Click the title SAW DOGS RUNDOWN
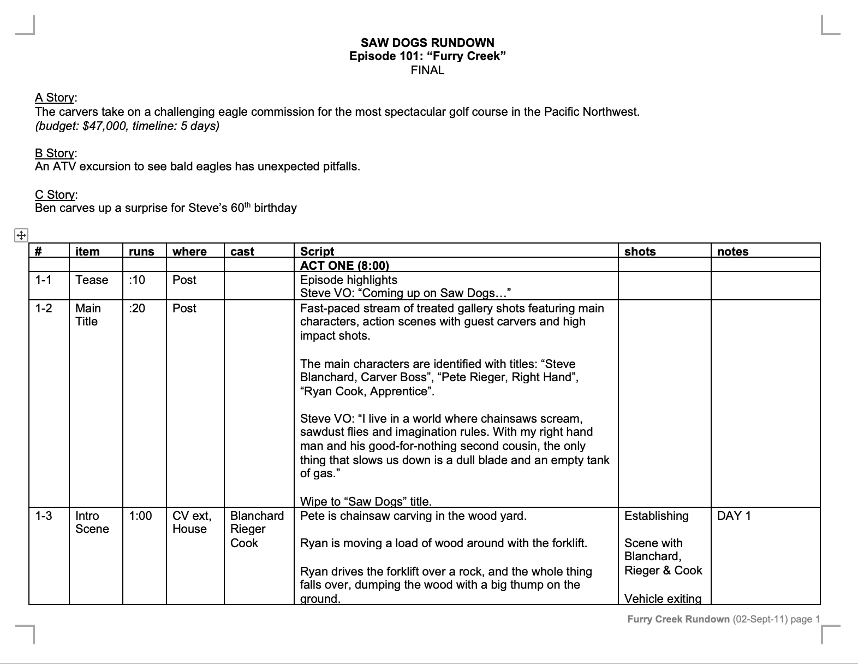tap(427, 43)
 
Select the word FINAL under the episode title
tap(427, 70)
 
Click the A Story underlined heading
tap(56, 98)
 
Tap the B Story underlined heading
tap(56, 153)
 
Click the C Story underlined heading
tap(56, 195)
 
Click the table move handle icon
tap(20, 236)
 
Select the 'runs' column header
tap(141, 252)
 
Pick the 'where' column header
tap(189, 252)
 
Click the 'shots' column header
tap(640, 252)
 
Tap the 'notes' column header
tap(732, 252)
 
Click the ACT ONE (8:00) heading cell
tap(344, 266)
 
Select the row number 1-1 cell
tap(44, 280)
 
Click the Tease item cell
tap(92, 280)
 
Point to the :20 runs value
tap(137, 309)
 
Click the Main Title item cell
tap(87, 315)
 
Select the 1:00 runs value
tap(140, 516)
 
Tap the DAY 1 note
tap(734, 516)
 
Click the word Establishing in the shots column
tap(656, 516)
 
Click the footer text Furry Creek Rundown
tap(678, 619)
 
